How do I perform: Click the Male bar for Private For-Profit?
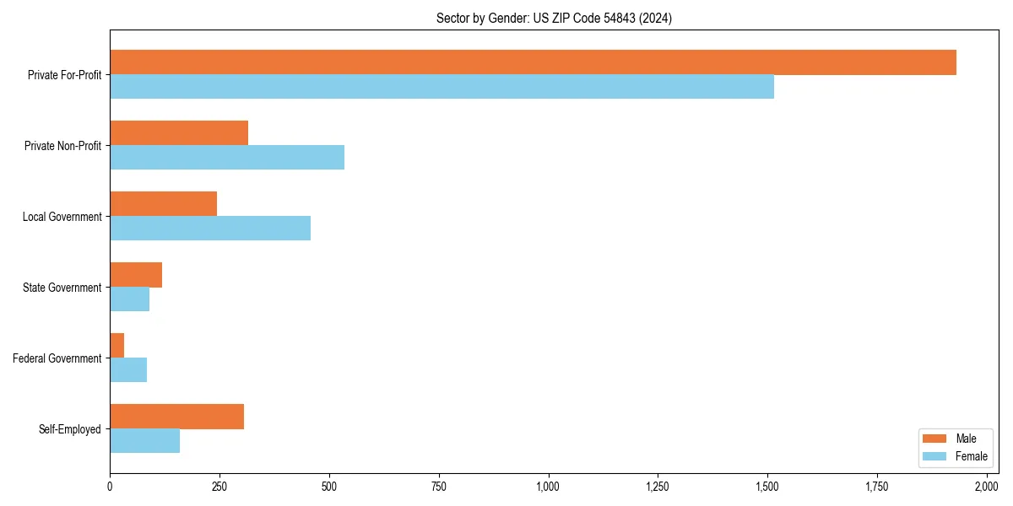[x=533, y=62]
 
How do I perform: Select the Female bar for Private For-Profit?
[x=441, y=87]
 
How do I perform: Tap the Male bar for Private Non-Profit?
[x=179, y=133]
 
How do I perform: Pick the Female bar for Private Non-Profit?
[x=227, y=158]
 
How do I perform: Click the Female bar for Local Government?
[x=210, y=229]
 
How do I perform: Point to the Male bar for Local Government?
[x=163, y=204]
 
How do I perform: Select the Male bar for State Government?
[x=136, y=275]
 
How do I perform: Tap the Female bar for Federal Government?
[x=128, y=370]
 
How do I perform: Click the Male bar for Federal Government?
[x=117, y=346]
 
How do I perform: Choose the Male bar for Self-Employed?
[x=176, y=417]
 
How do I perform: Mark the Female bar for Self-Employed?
[x=144, y=441]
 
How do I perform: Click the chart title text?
[x=554, y=18]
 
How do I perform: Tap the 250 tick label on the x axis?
[x=219, y=486]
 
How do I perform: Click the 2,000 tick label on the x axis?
[x=986, y=486]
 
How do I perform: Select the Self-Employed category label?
[x=70, y=429]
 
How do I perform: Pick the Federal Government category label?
[x=57, y=358]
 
